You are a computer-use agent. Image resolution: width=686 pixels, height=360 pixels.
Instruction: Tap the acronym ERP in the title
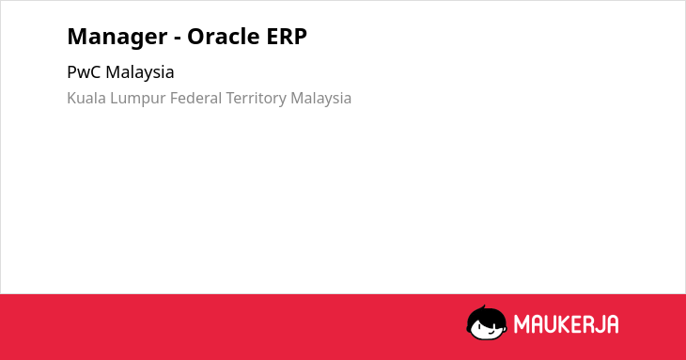[281, 37]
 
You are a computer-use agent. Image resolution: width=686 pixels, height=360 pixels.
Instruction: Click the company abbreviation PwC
[84, 72]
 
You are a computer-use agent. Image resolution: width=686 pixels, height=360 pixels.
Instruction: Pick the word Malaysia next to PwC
[140, 73]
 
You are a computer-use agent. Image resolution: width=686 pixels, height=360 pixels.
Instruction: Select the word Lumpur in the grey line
[138, 100]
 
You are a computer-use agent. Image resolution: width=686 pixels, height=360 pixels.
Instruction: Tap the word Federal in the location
[196, 98]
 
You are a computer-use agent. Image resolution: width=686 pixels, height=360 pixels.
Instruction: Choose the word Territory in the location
[257, 100]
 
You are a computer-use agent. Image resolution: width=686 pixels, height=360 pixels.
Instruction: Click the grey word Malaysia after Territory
[321, 100]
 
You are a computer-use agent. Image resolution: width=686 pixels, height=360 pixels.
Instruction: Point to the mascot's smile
[491, 333]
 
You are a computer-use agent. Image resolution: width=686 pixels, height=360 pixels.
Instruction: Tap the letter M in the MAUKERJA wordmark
[521, 324]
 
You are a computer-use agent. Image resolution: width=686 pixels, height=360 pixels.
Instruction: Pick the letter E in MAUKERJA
[575, 324]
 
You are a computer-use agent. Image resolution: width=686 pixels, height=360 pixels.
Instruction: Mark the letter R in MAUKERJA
[588, 324]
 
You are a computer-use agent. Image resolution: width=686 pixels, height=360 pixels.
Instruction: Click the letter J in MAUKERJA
[600, 324]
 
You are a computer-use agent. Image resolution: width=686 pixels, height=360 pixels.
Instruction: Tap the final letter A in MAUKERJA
[613, 324]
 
